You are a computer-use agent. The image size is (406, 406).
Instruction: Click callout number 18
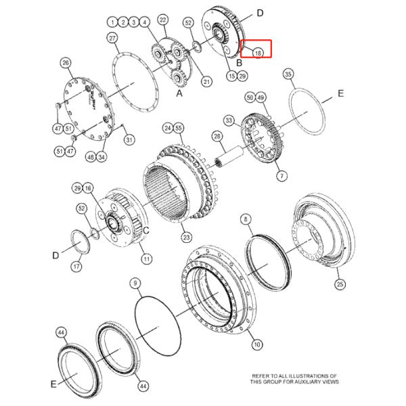pos(258,53)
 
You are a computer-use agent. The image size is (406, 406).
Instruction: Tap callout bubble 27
pos(112,39)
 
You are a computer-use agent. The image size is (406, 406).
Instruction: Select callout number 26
pos(66,63)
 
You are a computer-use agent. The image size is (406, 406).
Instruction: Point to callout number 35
pos(288,74)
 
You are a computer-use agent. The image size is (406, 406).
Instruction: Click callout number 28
pos(217,137)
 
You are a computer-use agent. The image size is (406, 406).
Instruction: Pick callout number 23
pos(187,238)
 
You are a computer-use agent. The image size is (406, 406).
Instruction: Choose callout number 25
pos(340,284)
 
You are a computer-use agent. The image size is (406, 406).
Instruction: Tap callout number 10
pos(257,344)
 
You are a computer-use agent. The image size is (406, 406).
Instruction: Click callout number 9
pos(135,284)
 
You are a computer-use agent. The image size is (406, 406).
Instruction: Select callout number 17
pos(76,266)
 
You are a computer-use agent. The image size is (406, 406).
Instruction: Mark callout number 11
pos(147,259)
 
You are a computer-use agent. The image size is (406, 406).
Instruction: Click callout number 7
pos(281,177)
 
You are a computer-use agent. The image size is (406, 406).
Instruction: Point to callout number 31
pos(129,140)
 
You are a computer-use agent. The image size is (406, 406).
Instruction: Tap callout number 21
pos(206,82)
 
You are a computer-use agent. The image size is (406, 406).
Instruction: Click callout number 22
pos(163,20)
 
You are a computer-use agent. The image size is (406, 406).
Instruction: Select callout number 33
pos(229,120)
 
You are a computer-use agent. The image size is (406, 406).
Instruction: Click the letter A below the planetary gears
pos(179,93)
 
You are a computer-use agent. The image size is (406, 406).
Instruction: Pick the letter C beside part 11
pos(146,230)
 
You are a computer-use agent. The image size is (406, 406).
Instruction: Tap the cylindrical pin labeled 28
pos(229,158)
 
